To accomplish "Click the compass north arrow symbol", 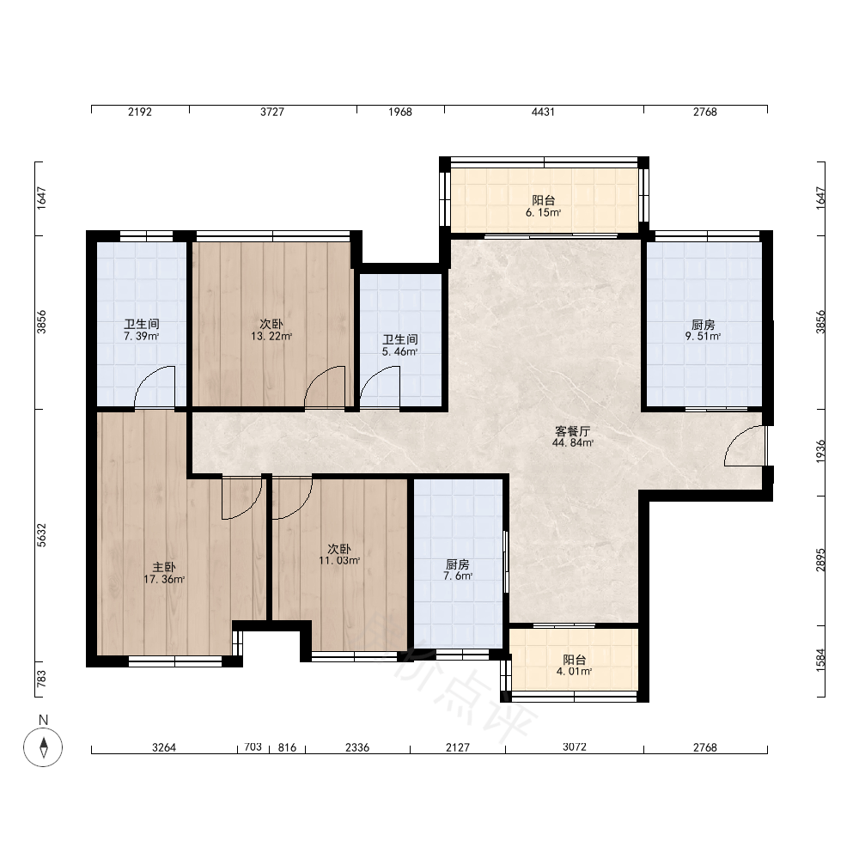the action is click(43, 746).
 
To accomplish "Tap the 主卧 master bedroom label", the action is click(164, 568).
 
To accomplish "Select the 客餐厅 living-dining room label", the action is click(572, 431).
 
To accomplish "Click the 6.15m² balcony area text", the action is click(544, 212).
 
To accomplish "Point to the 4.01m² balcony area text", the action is click(574, 671).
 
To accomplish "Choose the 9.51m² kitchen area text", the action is click(703, 337).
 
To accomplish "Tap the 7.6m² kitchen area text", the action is click(458, 576).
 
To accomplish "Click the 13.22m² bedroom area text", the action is click(271, 337).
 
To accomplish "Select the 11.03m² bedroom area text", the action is click(339, 560).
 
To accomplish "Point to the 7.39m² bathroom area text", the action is click(142, 337).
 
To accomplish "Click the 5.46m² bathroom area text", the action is click(400, 351).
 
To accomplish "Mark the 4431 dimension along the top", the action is click(543, 112).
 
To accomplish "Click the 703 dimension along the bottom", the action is click(253, 746).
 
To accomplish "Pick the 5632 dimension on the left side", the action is click(42, 535).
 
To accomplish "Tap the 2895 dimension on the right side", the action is click(820, 560).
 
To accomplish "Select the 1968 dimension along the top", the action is click(400, 112).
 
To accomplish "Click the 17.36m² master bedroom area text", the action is click(164, 580).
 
